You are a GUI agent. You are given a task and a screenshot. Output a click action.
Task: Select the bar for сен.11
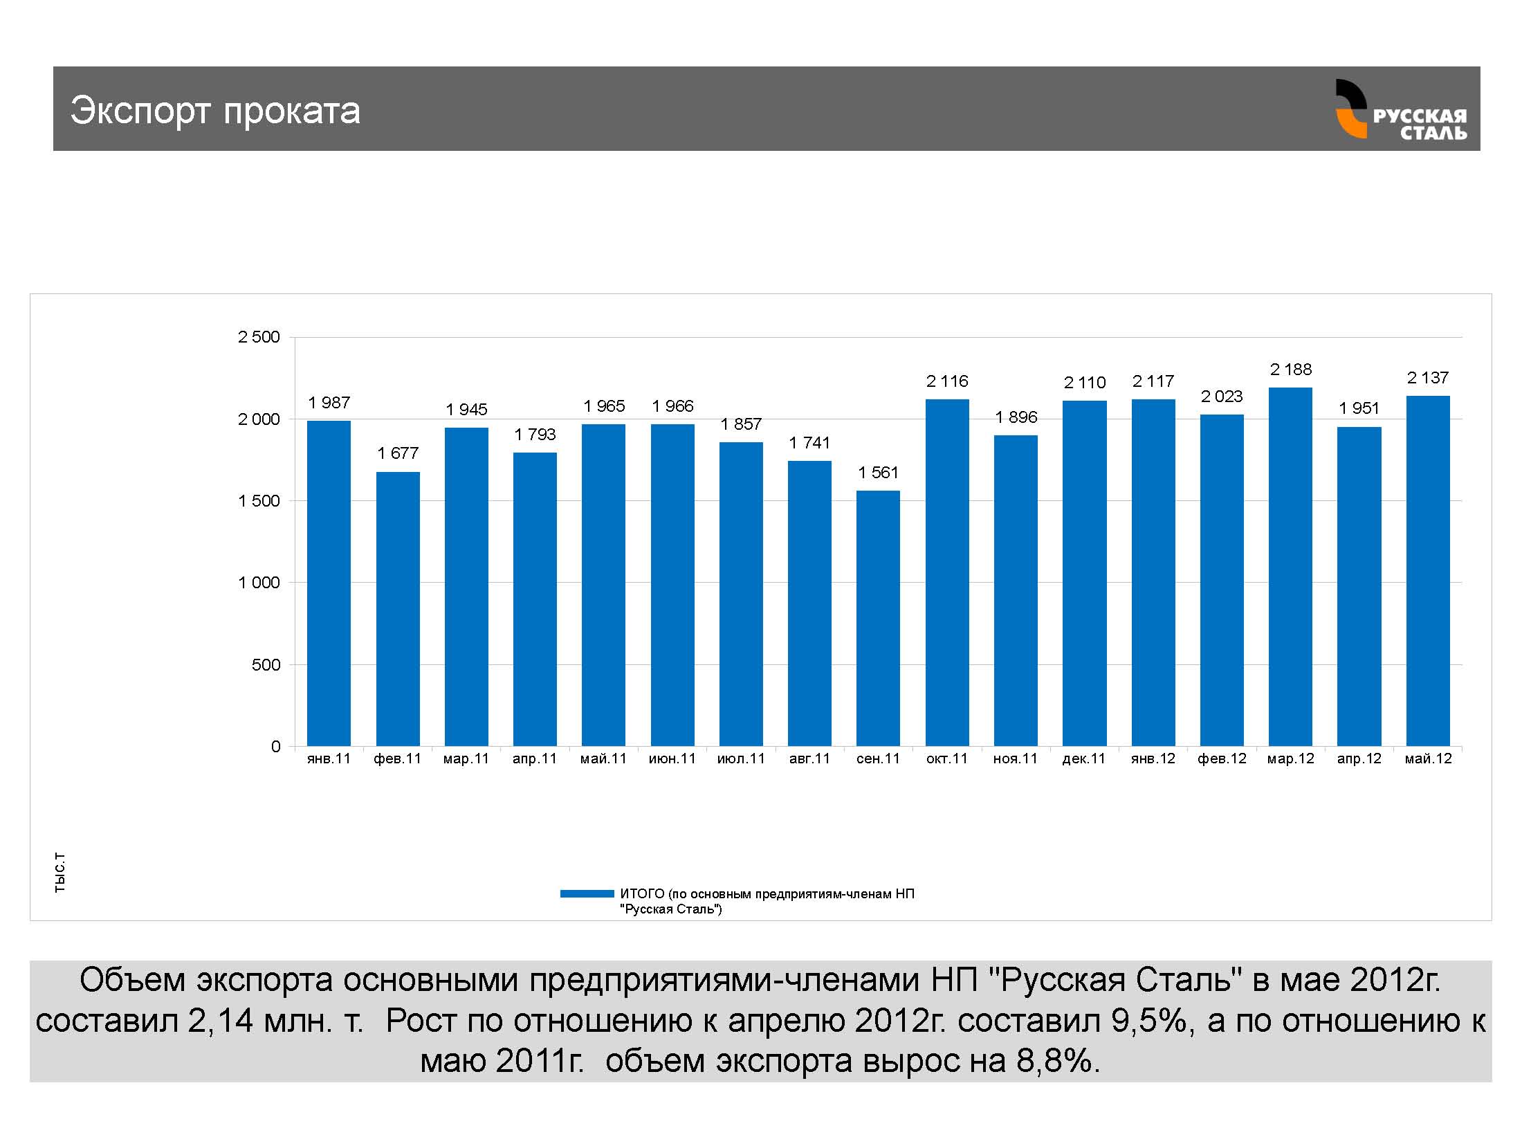coord(878,618)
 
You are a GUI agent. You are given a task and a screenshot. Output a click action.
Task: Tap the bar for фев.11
coord(398,608)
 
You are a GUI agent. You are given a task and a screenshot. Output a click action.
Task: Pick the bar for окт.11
coord(947,572)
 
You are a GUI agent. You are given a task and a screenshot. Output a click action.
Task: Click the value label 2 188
coord(1291,370)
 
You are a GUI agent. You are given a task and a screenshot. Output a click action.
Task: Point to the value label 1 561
coord(878,473)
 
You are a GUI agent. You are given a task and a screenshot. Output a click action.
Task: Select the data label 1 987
coord(329,403)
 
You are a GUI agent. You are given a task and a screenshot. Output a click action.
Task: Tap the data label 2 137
coord(1428,378)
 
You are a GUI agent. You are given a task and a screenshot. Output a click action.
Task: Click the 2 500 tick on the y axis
coord(259,337)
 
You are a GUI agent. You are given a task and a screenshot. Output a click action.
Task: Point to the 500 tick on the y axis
coord(266,665)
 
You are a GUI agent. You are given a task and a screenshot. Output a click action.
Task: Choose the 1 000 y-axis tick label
coord(259,583)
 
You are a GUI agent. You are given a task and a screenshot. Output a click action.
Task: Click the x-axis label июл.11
coord(741,758)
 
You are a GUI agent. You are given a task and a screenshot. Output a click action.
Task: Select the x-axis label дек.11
coord(1084,758)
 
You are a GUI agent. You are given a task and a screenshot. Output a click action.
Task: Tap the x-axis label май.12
coord(1428,758)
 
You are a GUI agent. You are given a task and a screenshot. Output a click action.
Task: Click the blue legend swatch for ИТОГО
coord(587,893)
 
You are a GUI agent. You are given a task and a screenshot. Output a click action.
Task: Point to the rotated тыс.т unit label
coord(60,873)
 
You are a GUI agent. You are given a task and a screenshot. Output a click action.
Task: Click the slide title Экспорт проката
coord(215,111)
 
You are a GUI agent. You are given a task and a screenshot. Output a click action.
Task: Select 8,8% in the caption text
coord(1056,1061)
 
